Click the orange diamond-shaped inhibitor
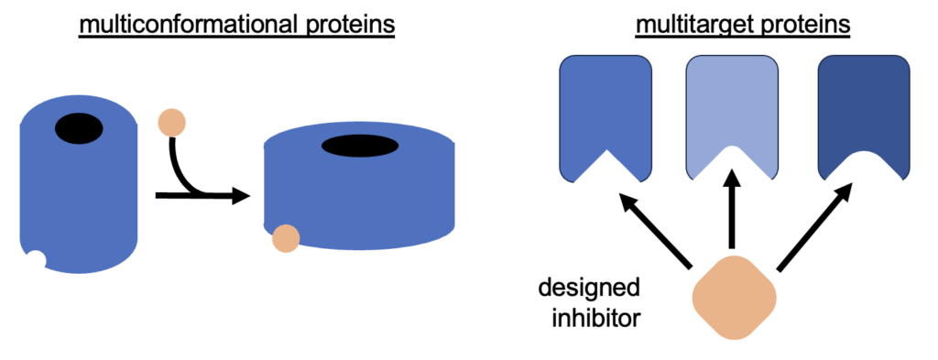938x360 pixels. (x=734, y=298)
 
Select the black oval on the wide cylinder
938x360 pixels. (x=359, y=145)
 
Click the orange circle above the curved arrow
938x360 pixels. (x=172, y=121)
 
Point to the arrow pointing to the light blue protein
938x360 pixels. (x=732, y=215)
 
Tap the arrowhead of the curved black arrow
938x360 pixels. (x=240, y=195)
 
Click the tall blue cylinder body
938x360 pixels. (x=78, y=202)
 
